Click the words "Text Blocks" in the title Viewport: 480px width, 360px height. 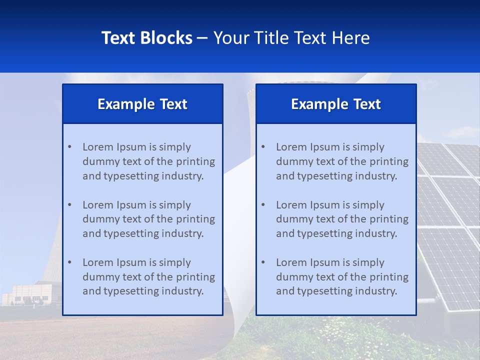pos(147,38)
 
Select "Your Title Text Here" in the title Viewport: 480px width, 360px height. pos(291,38)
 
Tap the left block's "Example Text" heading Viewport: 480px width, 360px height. pos(142,104)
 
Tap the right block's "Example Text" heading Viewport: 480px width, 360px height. pos(336,104)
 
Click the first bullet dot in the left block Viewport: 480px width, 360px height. pos(69,147)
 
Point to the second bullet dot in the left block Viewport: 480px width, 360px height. pos(69,205)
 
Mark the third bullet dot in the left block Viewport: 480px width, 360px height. pos(69,262)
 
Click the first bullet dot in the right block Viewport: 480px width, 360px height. pos(263,147)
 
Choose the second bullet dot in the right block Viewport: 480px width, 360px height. pos(263,205)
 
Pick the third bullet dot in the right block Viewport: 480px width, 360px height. pos(263,262)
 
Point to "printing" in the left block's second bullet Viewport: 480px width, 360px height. pos(197,219)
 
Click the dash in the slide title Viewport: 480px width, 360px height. pos(202,38)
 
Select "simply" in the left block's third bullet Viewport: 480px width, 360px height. pos(175,262)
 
